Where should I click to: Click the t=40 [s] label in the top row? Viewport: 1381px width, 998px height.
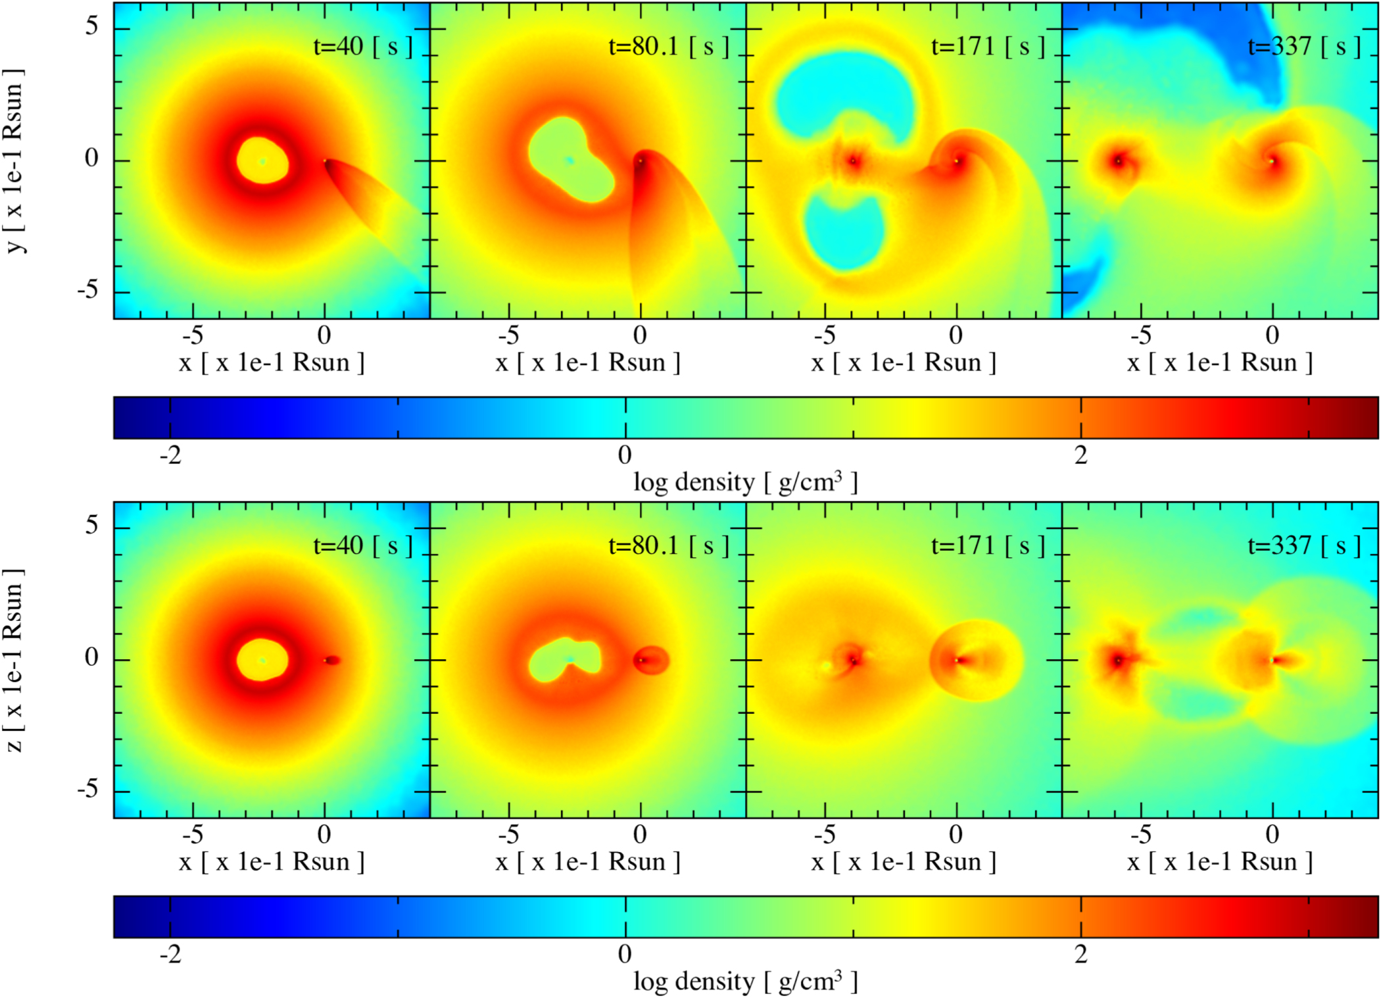[362, 47]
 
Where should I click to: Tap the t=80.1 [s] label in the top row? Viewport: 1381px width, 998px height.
[668, 47]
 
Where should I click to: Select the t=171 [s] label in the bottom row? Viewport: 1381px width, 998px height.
[987, 546]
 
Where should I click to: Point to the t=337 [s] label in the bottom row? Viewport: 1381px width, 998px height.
[1303, 546]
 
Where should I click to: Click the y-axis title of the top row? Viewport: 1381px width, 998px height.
[14, 160]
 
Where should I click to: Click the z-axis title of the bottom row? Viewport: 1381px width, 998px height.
[14, 660]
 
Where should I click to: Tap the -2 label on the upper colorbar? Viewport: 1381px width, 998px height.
[170, 455]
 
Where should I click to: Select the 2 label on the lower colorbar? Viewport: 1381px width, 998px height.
[1081, 955]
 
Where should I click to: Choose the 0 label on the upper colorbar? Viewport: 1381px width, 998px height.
[625, 455]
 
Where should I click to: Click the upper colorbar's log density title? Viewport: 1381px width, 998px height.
[745, 483]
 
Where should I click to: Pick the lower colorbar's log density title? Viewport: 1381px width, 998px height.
[745, 982]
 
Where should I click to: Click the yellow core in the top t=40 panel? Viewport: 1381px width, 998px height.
[262, 161]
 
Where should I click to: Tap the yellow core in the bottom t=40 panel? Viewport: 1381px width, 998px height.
[262, 660]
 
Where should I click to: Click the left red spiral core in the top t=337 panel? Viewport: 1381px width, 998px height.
[1118, 161]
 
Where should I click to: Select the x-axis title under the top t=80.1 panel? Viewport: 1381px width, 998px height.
[587, 363]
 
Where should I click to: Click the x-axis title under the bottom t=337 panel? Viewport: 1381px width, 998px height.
[1219, 862]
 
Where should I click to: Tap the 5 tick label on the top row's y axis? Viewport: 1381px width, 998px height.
[91, 26]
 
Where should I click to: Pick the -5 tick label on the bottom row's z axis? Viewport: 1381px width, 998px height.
[87, 789]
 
